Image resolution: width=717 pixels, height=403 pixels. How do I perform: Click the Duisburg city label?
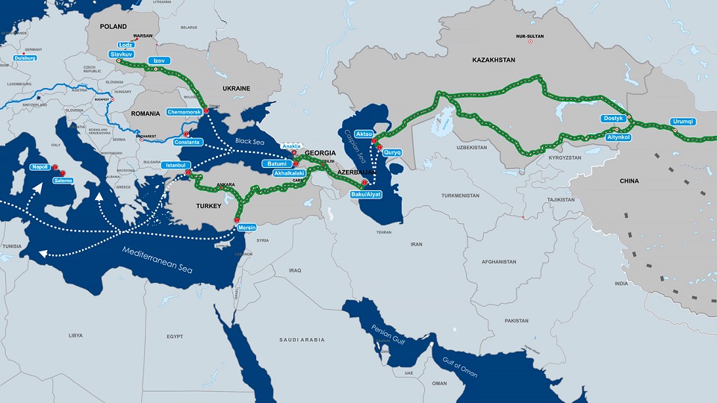[x=25, y=57]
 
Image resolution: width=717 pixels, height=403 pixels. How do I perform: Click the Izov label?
[x=158, y=60]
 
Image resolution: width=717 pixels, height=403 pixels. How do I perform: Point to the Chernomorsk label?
[x=184, y=112]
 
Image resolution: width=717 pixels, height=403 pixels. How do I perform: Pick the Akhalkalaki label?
[x=291, y=172]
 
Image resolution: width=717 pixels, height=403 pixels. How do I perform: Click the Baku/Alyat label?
[x=367, y=195]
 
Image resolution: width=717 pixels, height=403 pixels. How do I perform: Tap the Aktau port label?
[x=364, y=134]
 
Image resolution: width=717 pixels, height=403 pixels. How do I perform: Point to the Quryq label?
[x=393, y=151]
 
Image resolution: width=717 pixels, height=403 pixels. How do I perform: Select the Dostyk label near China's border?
[x=612, y=118]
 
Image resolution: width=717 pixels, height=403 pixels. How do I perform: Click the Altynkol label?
[x=619, y=138]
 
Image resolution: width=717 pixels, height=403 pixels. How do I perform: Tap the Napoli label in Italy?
[x=40, y=167]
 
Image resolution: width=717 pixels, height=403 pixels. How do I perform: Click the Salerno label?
[x=63, y=181]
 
